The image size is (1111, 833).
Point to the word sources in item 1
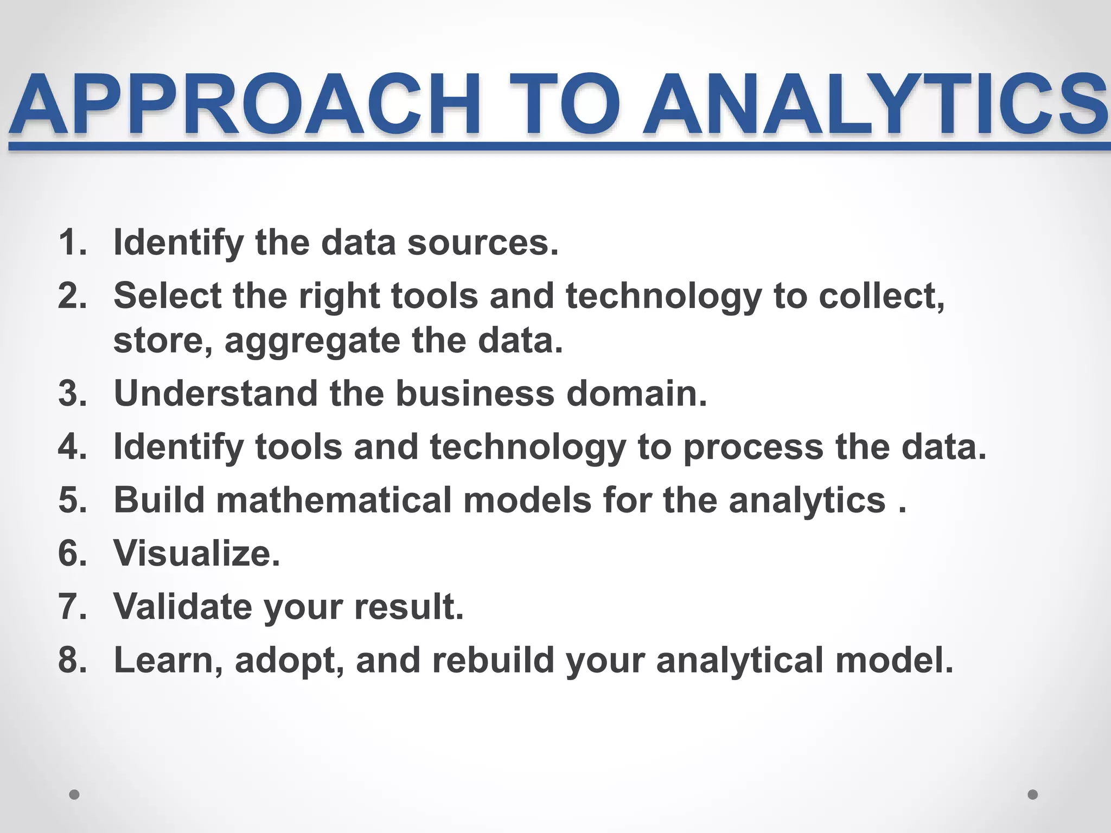point(482,242)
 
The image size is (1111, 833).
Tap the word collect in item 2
point(881,296)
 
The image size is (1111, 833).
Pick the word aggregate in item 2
point(312,342)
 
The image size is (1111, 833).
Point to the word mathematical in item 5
point(334,500)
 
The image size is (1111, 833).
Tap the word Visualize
point(196,554)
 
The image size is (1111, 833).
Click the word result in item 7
point(409,607)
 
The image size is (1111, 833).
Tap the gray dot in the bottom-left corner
point(74,795)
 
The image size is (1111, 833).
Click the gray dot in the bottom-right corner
point(1033,795)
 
